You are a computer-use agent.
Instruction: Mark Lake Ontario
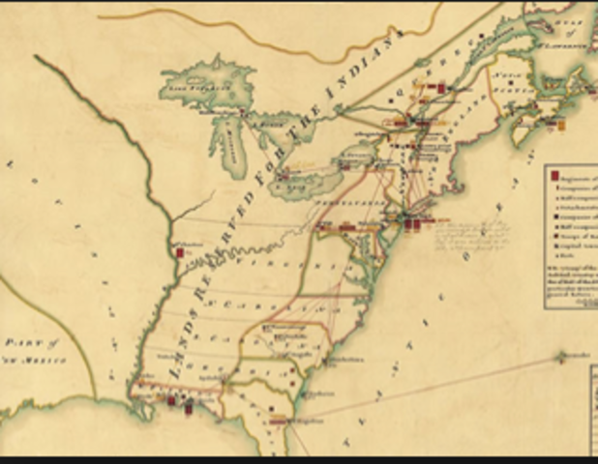(358, 154)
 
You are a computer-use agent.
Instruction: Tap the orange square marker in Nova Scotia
(561, 124)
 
